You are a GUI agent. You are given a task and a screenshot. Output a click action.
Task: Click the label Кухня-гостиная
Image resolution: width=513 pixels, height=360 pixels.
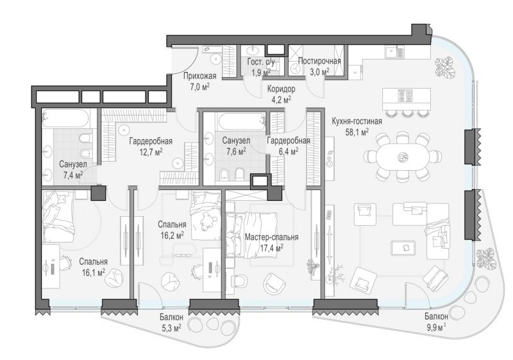click(x=357, y=121)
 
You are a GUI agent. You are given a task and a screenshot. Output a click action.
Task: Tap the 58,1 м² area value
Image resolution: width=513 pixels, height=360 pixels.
click(x=357, y=132)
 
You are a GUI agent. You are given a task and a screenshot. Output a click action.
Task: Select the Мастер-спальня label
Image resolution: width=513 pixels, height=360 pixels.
click(x=271, y=237)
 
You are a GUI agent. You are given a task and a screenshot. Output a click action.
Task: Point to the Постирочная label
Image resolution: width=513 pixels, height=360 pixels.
click(x=319, y=61)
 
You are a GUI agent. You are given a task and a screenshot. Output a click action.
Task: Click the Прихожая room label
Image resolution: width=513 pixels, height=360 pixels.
click(x=199, y=76)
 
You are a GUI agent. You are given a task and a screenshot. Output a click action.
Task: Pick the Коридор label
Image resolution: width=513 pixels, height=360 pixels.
click(x=281, y=89)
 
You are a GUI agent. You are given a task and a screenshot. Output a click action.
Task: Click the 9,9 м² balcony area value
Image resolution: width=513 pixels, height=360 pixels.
click(x=435, y=327)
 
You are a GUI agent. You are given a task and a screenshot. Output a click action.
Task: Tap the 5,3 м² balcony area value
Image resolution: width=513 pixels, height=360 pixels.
click(x=171, y=328)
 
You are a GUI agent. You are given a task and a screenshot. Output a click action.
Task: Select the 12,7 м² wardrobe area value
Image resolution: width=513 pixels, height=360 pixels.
click(x=151, y=152)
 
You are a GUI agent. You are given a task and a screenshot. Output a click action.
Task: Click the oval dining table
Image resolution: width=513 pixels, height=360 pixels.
click(x=402, y=157)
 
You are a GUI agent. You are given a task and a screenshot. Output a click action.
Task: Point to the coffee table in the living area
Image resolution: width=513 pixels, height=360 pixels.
click(x=403, y=248)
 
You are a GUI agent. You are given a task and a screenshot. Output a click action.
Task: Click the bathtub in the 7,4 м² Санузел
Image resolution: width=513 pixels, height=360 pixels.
click(x=65, y=119)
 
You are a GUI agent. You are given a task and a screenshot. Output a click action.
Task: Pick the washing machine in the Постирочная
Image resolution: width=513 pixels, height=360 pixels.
click(x=296, y=68)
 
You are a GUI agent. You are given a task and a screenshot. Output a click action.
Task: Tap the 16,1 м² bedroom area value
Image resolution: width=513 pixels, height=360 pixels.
click(x=94, y=273)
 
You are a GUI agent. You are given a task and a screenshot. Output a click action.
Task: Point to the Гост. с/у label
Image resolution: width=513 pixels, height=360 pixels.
click(x=261, y=62)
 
